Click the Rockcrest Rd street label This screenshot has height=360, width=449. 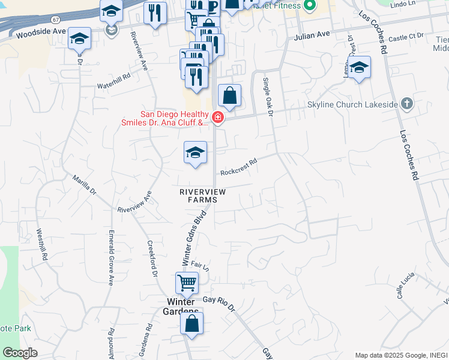pos(238,166)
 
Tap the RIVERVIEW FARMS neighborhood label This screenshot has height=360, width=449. pos(202,195)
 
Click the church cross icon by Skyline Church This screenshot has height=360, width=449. pos(407,104)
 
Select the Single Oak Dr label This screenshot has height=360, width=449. pos(268,96)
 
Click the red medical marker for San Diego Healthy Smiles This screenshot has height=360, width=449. pos(217,118)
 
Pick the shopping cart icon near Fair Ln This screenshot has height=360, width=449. pos(187,282)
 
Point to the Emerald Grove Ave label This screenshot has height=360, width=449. pos(111,258)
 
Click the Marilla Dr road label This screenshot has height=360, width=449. pos(84,184)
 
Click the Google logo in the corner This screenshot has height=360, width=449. pos(20,353)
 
